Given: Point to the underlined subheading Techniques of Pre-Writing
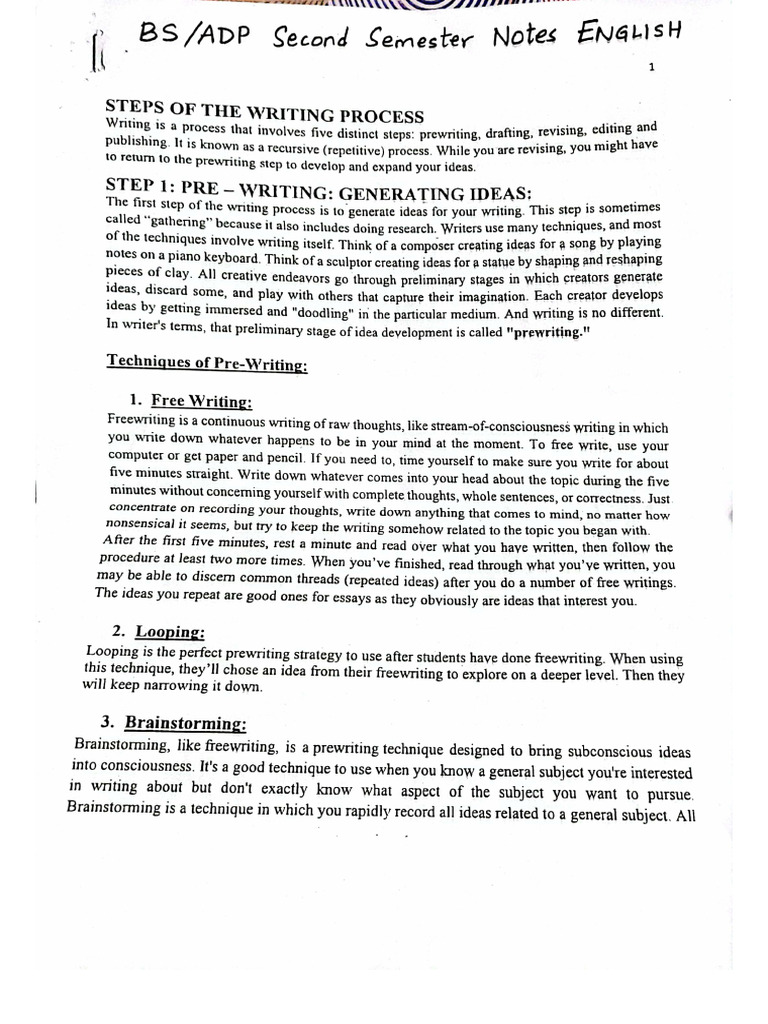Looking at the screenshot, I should [207, 364].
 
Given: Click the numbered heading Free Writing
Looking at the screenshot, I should [201, 401].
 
